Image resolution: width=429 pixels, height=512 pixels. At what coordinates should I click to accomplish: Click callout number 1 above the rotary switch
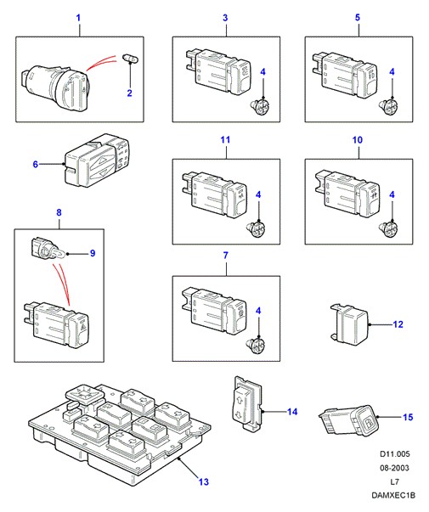[x=78, y=18]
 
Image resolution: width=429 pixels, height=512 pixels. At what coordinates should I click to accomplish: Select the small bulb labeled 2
[x=131, y=58]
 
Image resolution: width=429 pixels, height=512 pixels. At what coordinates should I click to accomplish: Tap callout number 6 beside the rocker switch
[x=36, y=164]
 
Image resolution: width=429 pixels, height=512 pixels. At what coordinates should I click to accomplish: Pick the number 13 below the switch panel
[x=204, y=481]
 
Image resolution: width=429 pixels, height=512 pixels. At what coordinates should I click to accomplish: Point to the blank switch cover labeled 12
[x=350, y=324]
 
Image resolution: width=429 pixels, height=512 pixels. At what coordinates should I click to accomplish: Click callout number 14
[x=292, y=412]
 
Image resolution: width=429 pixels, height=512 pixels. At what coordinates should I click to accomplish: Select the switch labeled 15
[x=349, y=420]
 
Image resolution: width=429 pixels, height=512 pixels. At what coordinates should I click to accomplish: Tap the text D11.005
[x=395, y=454]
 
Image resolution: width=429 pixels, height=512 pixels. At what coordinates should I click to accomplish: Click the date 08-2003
[x=394, y=468]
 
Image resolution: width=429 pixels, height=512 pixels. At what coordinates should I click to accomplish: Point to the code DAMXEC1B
[x=393, y=495]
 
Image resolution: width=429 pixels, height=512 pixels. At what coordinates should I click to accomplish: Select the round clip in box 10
[x=389, y=229]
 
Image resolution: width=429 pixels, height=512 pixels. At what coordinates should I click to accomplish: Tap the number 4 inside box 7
[x=258, y=311]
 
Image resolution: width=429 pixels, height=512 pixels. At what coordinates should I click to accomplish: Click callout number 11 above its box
[x=225, y=140]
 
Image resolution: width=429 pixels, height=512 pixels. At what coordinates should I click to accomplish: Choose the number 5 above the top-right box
[x=358, y=18]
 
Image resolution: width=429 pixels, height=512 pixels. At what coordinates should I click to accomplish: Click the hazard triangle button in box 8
[x=80, y=329]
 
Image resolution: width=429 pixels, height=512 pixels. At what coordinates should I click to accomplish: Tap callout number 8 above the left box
[x=59, y=212]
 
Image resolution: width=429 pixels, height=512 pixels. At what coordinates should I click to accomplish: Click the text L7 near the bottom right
[x=394, y=481]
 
